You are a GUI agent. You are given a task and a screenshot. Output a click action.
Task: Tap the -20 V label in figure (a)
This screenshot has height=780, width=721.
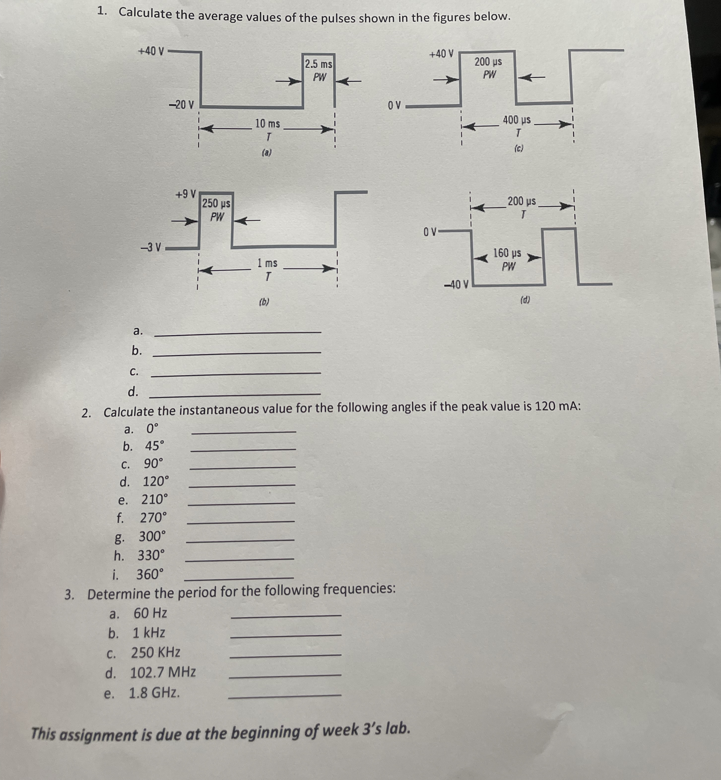click(x=181, y=104)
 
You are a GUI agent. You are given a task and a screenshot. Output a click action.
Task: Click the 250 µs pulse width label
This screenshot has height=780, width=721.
click(x=216, y=203)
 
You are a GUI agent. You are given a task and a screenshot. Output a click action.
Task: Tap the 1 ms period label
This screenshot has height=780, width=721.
click(x=267, y=263)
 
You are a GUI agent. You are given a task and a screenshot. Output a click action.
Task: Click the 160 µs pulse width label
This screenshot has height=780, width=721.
click(x=507, y=253)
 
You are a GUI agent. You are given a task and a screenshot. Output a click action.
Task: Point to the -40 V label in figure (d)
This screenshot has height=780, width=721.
click(x=457, y=284)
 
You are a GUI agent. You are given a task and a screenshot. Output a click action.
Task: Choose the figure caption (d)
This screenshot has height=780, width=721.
click(x=525, y=300)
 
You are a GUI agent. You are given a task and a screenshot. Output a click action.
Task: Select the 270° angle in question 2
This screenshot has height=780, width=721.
click(x=153, y=518)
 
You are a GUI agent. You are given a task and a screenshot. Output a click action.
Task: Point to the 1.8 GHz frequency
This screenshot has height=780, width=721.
click(x=155, y=693)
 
